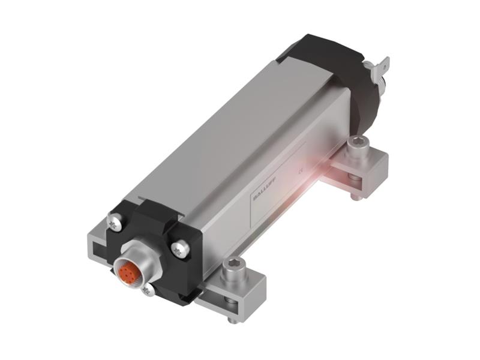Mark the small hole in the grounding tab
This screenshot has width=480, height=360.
click(384, 62)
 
